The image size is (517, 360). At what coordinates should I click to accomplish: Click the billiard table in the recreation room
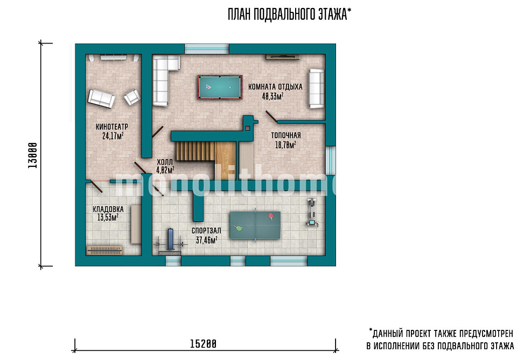coord(220,87)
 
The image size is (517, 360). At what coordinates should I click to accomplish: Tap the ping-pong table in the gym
coord(255,225)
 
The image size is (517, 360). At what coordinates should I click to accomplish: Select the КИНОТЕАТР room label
coord(112,126)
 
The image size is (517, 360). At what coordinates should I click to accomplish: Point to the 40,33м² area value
coord(273,96)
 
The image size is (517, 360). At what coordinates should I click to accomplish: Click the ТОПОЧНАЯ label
coord(286,136)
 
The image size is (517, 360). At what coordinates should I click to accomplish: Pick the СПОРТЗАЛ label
coord(206,231)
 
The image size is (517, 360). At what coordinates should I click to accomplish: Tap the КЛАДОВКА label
coord(108,209)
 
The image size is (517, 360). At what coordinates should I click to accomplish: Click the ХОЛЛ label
coord(165,162)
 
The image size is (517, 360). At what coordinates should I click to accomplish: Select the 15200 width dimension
coord(203,344)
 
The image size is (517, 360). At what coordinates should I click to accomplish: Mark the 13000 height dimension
coord(33,156)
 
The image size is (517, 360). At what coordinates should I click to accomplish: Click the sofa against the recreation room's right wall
coord(316,88)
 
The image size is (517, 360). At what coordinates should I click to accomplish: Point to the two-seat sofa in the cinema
coord(101,98)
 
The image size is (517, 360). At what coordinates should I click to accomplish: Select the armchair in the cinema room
coord(132,97)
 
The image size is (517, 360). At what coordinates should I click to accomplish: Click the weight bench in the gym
coord(171,242)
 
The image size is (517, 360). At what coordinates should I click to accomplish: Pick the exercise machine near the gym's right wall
coord(312,213)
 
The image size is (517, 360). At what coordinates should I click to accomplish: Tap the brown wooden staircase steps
coord(195,151)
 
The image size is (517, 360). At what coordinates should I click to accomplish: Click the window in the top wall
coord(207,49)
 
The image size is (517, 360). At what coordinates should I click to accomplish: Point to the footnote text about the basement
coord(441,339)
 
